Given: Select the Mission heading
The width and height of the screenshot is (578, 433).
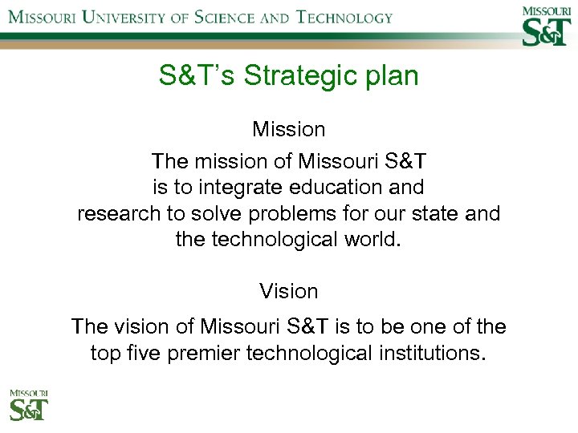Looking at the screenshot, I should coord(289,129).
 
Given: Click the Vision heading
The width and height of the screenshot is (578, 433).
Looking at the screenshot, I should coord(289,291).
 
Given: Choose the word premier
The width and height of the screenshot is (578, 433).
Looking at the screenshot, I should coord(214,353).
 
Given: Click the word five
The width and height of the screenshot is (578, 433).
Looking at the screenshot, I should coord(143,353).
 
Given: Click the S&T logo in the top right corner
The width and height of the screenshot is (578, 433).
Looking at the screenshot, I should coord(546,25).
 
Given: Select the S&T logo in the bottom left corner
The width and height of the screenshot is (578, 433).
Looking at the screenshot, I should coord(29,406).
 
